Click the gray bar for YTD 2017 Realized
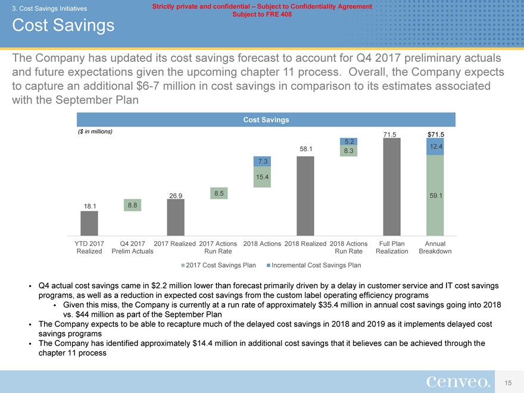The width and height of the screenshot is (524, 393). click(89, 223)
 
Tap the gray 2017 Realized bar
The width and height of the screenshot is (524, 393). click(176, 217)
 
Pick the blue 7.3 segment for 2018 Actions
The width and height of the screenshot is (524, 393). click(262, 161)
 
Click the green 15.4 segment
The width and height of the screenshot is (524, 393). click(262, 177)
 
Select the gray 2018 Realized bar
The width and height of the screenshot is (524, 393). click(305, 196)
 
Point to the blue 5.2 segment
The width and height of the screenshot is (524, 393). click(348, 141)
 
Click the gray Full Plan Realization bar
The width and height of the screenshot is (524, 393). click(392, 188)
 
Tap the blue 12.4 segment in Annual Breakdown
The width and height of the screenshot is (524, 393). click(435, 146)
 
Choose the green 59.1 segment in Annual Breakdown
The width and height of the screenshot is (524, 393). click(435, 195)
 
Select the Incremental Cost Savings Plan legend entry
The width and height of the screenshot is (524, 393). click(314, 265)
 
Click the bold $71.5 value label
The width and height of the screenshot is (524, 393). click(435, 134)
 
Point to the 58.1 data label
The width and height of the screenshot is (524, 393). click(304, 149)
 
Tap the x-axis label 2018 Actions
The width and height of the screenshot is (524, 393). click(262, 244)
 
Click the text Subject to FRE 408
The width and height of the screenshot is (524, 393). click(262, 14)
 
